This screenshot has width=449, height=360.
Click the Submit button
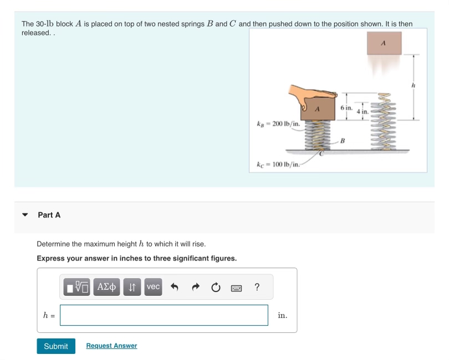(56, 346)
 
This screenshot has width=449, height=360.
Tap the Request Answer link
(111, 346)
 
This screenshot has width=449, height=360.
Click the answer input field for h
(164, 315)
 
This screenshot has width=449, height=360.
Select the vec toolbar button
(153, 287)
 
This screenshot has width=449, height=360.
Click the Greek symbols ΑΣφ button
(107, 287)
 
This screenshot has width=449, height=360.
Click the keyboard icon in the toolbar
(237, 287)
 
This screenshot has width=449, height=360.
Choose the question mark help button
(257, 287)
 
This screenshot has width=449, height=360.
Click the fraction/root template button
(77, 287)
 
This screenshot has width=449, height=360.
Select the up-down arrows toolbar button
(132, 287)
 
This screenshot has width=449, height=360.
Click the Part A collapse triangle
(25, 215)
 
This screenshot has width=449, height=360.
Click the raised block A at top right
(384, 43)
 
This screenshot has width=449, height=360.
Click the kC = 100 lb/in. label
(278, 164)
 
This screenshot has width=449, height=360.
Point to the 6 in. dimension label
(346, 107)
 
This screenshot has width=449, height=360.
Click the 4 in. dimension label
(363, 112)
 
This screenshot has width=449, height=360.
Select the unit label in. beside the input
(282, 315)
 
